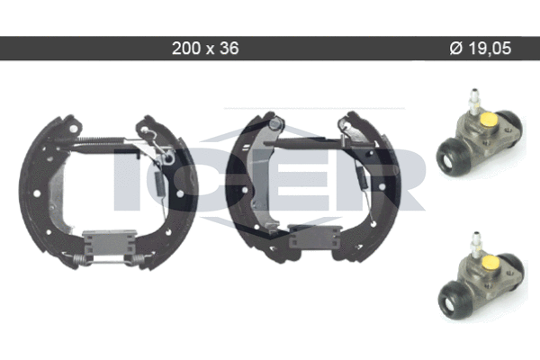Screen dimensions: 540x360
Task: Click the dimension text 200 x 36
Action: coord(205,49)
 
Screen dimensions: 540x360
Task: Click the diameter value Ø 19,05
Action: coord(481,49)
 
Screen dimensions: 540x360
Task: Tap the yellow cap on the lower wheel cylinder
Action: coord(490,264)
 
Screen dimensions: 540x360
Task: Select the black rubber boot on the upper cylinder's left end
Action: coord(452,157)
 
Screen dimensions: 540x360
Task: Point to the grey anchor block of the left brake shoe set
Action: coord(109,242)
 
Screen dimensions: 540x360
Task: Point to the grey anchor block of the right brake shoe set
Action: coord(314,237)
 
